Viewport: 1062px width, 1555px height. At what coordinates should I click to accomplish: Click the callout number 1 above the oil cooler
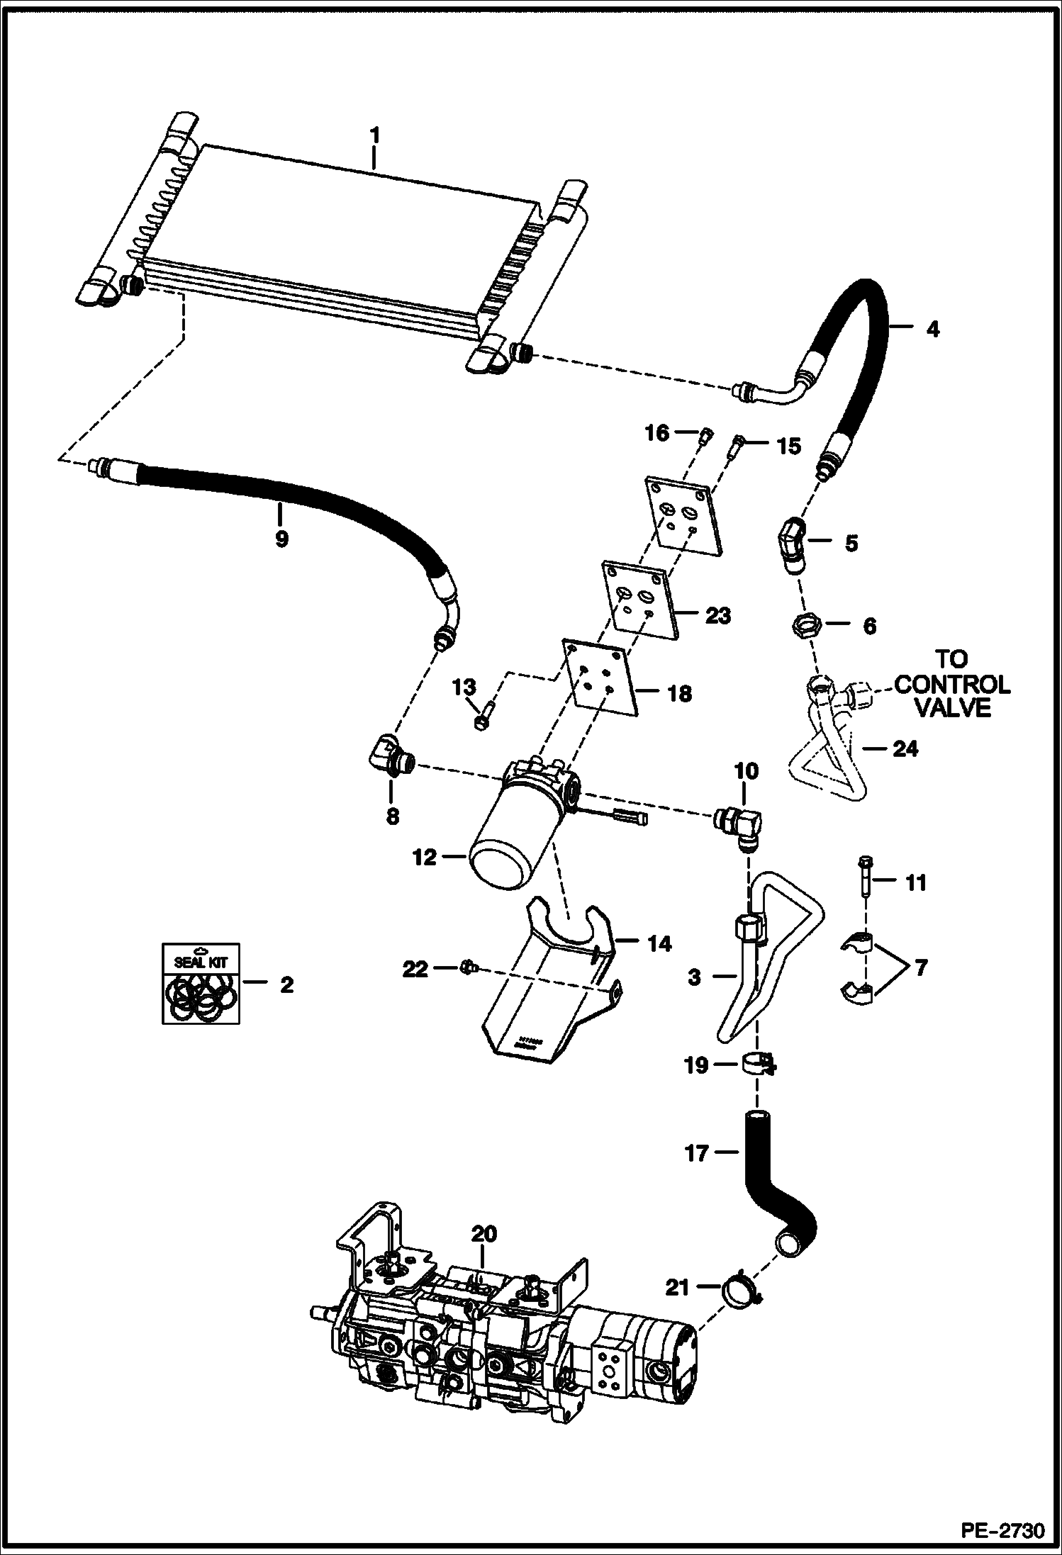click(375, 135)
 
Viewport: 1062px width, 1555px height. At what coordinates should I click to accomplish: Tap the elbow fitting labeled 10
click(740, 825)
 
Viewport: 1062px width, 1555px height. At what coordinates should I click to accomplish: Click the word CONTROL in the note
click(952, 684)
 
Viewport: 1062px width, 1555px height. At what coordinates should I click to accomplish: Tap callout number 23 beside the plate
click(717, 616)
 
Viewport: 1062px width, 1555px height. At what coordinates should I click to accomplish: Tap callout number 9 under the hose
click(281, 538)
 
